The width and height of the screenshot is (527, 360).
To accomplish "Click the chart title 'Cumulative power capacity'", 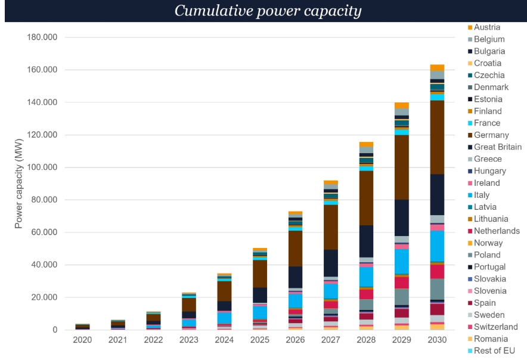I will (x=268, y=11).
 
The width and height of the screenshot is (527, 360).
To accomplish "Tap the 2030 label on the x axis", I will (x=437, y=340).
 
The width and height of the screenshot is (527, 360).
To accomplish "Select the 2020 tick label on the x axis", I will (x=82, y=340).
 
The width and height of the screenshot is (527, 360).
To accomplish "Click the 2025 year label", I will (x=260, y=340).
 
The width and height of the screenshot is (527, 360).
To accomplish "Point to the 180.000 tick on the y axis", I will (x=42, y=38).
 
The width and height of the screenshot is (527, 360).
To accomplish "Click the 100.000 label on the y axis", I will (x=42, y=167).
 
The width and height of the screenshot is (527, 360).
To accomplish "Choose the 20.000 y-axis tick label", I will (x=45, y=297).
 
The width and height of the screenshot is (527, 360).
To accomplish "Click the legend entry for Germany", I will (x=491, y=135).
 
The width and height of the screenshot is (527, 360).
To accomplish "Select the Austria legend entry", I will (x=487, y=27).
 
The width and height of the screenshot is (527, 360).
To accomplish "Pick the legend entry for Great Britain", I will (x=497, y=147).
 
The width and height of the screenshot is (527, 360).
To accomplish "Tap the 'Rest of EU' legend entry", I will (x=494, y=351).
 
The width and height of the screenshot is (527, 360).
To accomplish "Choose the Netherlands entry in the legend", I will (x=497, y=231).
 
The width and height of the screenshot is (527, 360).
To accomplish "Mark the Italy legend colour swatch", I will (x=470, y=195).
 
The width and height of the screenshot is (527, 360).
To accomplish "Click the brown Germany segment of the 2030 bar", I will (x=437, y=137).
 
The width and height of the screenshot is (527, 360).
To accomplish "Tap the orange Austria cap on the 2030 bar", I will (x=437, y=68).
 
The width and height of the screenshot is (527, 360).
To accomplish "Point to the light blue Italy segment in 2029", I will (x=402, y=261).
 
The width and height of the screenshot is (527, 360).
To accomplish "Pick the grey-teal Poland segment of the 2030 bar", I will (x=437, y=288).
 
